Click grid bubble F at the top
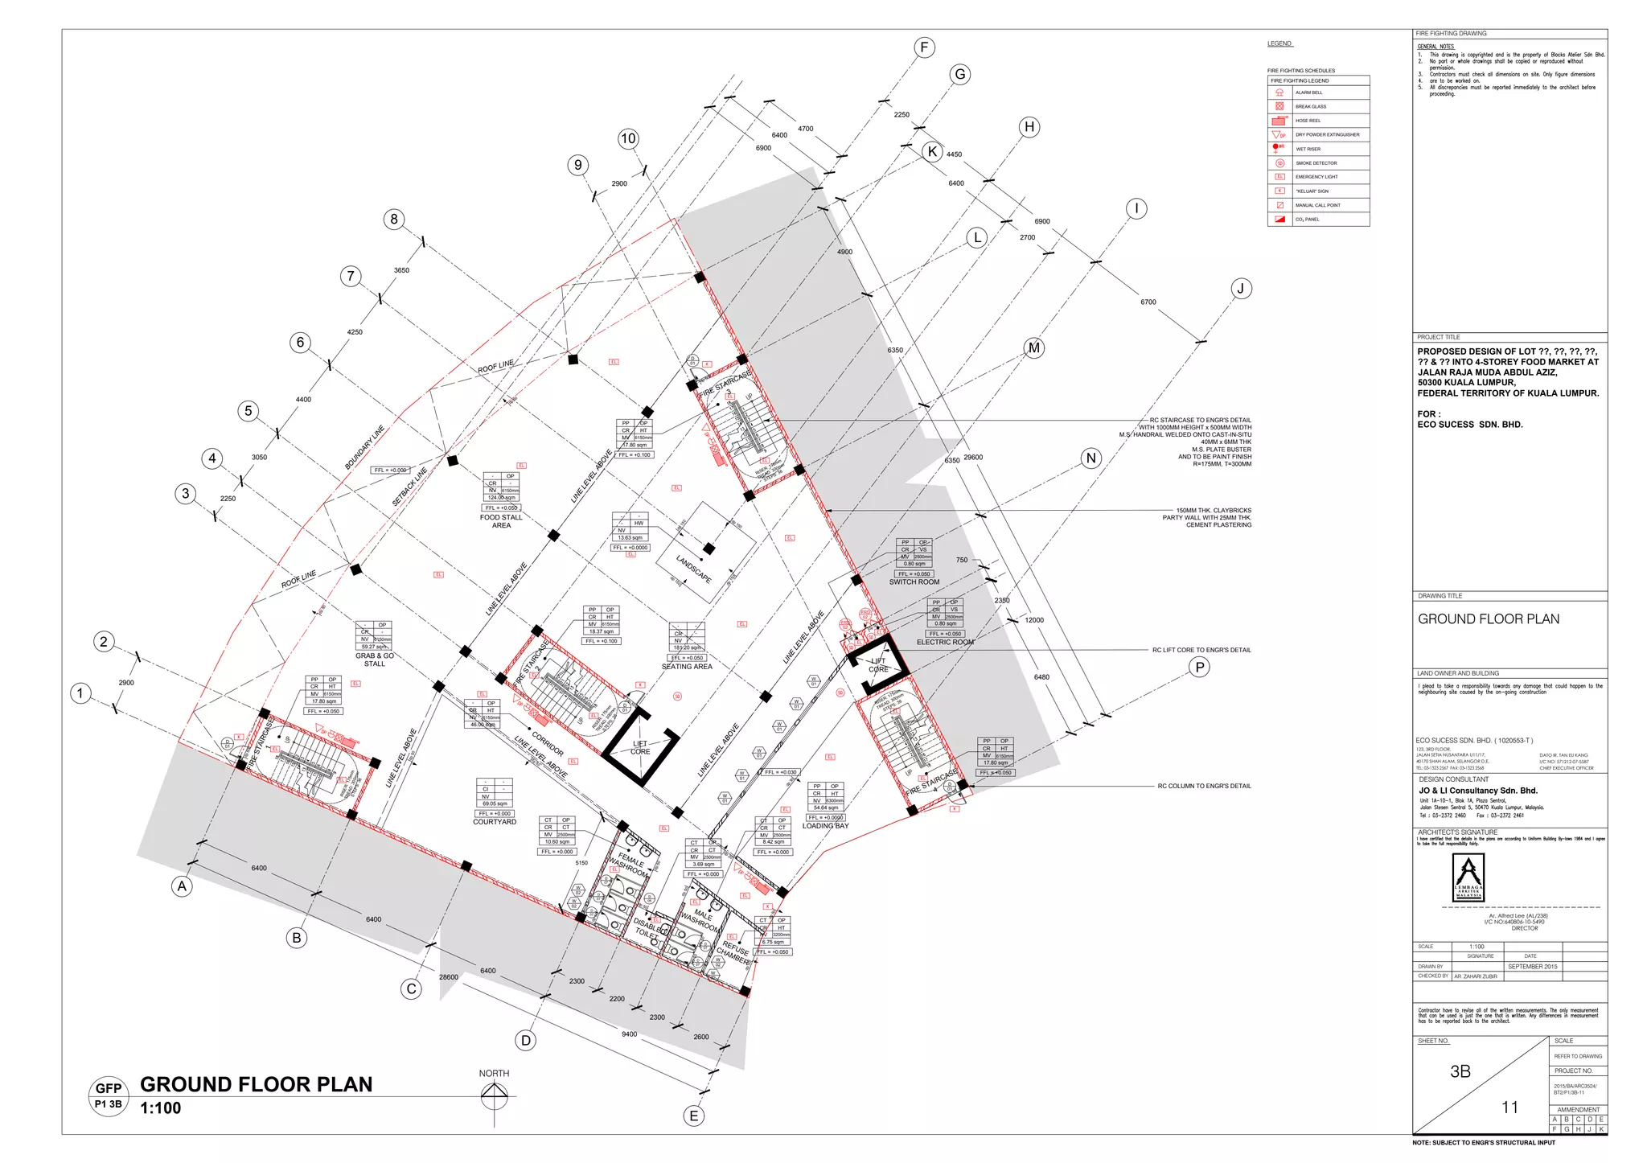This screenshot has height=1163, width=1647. pyautogui.click(x=924, y=47)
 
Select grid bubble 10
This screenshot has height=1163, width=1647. pyautogui.click(x=628, y=138)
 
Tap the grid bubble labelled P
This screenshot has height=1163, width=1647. pyautogui.click(x=1199, y=667)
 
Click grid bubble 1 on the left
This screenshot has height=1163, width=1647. pyautogui.click(x=80, y=692)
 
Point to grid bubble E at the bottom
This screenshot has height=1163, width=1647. pyautogui.click(x=693, y=1116)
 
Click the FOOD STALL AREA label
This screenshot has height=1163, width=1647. pyautogui.click(x=501, y=521)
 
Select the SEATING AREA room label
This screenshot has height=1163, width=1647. pyautogui.click(x=687, y=666)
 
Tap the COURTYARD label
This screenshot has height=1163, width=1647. pyautogui.click(x=495, y=822)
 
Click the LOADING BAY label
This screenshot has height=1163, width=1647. pyautogui.click(x=825, y=826)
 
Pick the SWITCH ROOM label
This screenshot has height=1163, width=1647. pyautogui.click(x=914, y=581)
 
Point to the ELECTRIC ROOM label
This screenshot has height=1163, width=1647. pyautogui.click(x=945, y=642)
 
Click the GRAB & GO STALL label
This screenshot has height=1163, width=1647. pyautogui.click(x=375, y=660)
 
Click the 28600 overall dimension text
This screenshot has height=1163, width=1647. pyautogui.click(x=449, y=977)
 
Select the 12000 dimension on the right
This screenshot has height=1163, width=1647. pyautogui.click(x=1034, y=620)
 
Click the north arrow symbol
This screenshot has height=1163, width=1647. pyautogui.click(x=495, y=1095)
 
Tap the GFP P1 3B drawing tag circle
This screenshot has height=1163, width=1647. pyautogui.click(x=109, y=1095)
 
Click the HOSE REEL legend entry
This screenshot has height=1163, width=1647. pyautogui.click(x=1308, y=121)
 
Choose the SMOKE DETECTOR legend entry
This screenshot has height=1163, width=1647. pyautogui.click(x=1316, y=163)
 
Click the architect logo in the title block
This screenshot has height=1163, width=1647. pyautogui.click(x=1468, y=877)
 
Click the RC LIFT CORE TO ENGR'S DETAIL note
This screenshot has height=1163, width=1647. pyautogui.click(x=1201, y=650)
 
